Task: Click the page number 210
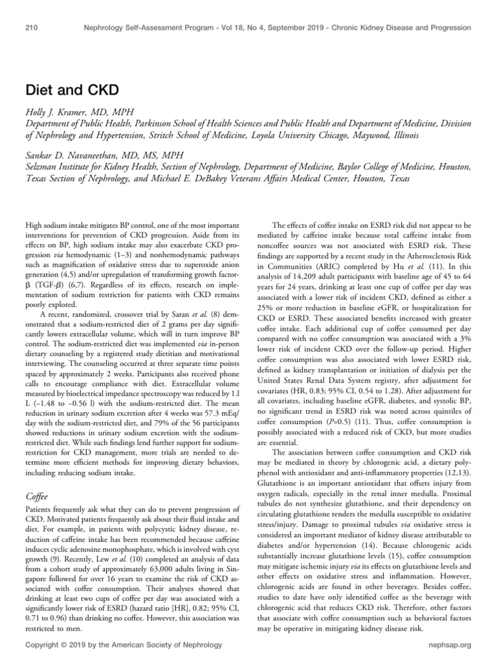pos(32,28)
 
